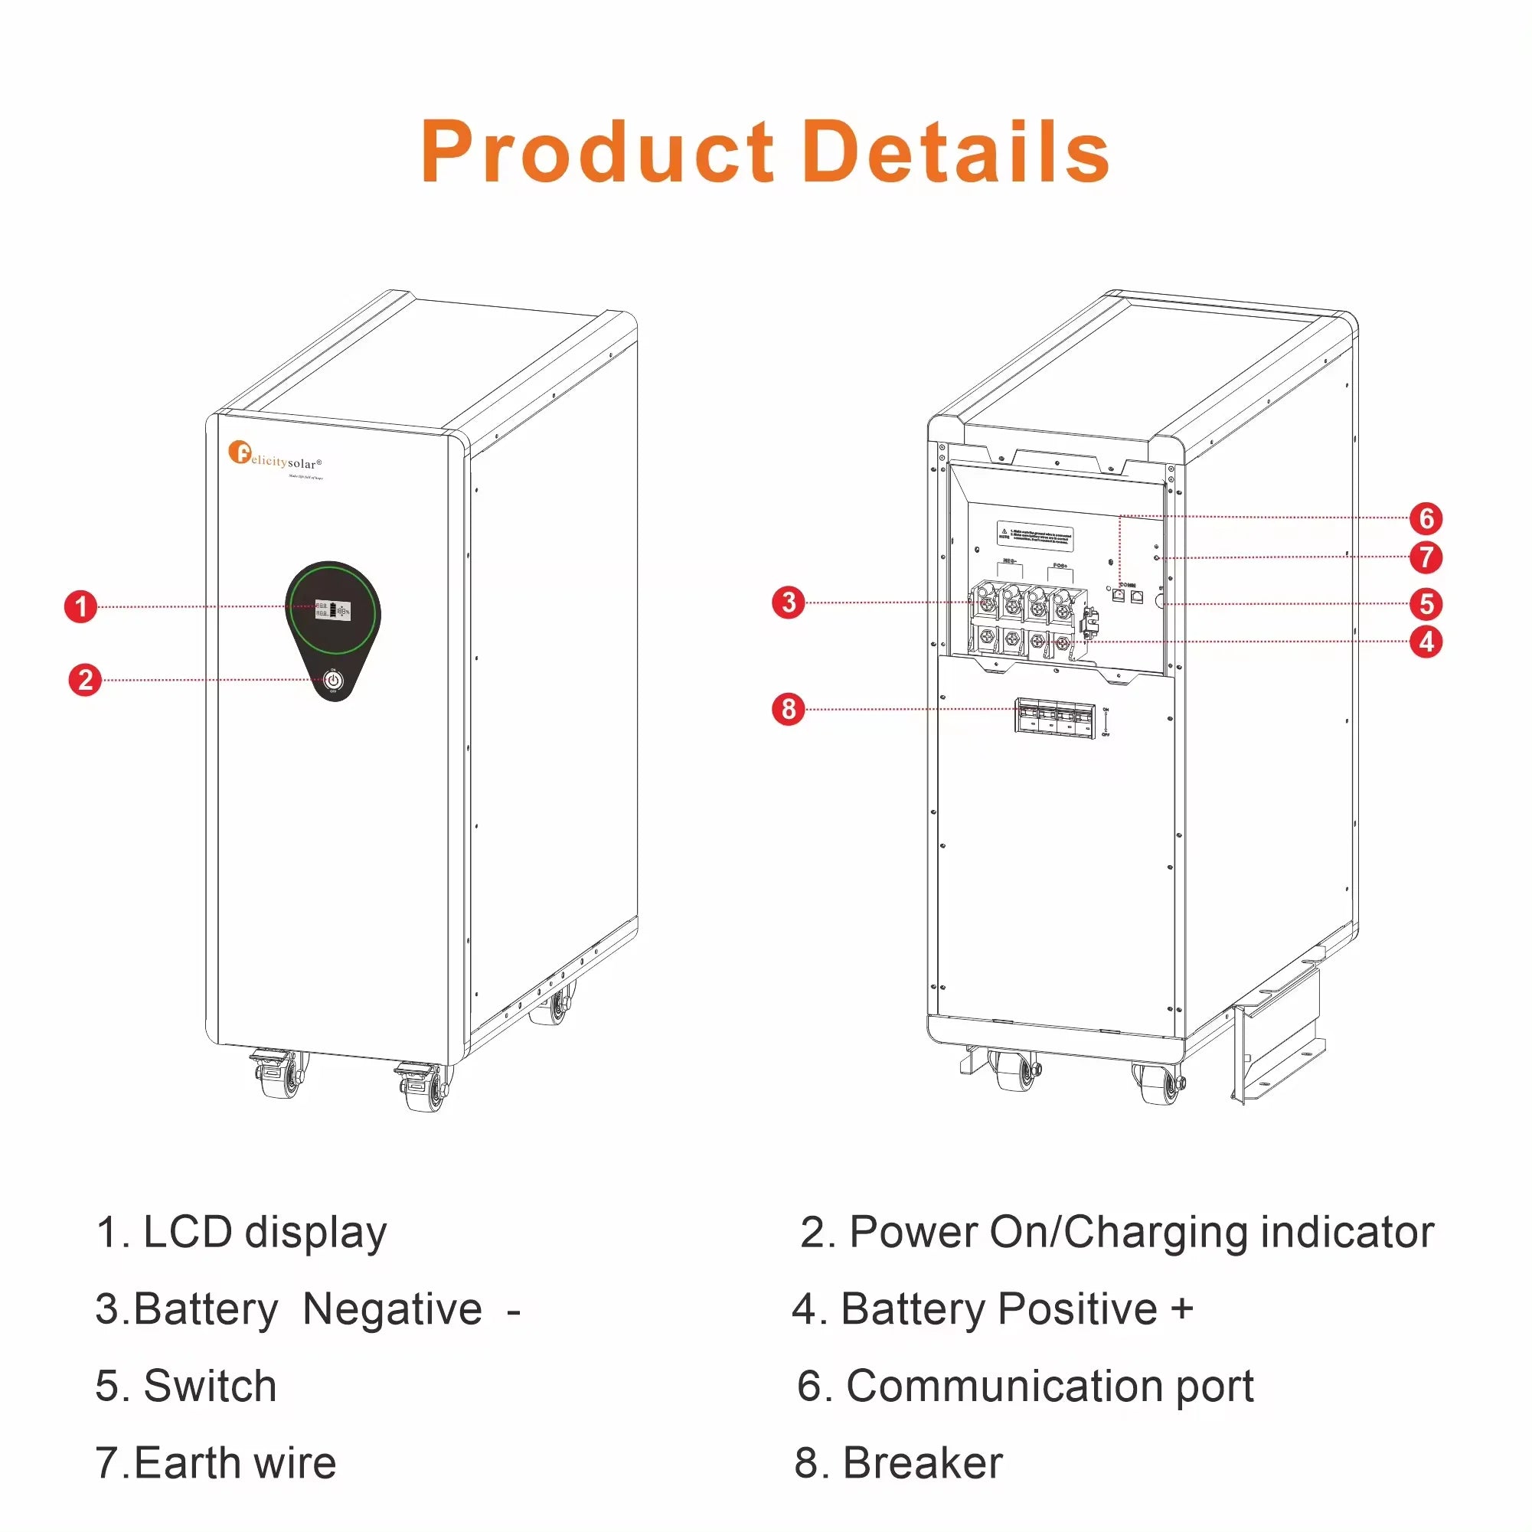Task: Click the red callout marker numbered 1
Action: click(80, 606)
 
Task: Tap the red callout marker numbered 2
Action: click(85, 680)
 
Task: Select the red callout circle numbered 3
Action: click(789, 602)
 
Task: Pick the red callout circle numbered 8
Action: click(789, 708)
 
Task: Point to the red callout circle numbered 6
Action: click(1426, 518)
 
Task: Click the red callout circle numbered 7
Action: click(1426, 557)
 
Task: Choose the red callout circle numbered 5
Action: click(1426, 603)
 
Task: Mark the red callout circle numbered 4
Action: click(1426, 642)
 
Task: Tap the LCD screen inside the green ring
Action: click(332, 609)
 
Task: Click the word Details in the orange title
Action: click(955, 152)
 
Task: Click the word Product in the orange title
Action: click(596, 152)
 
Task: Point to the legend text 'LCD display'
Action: click(264, 1233)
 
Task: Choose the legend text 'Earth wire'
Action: click(235, 1462)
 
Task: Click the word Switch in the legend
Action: click(209, 1386)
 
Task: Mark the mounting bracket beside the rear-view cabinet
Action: click(1278, 1034)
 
